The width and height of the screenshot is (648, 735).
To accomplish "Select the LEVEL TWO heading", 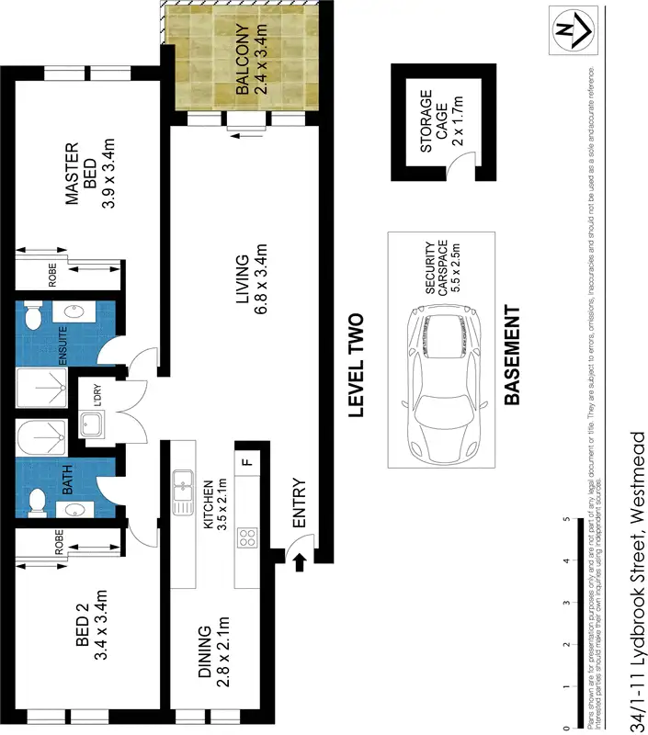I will click(356, 366).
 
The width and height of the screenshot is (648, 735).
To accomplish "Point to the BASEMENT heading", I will click(511, 356).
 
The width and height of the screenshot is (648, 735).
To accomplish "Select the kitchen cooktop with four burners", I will click(246, 538).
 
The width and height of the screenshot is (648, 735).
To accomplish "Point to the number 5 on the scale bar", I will click(565, 520).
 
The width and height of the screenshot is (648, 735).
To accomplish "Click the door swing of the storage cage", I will click(456, 168).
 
